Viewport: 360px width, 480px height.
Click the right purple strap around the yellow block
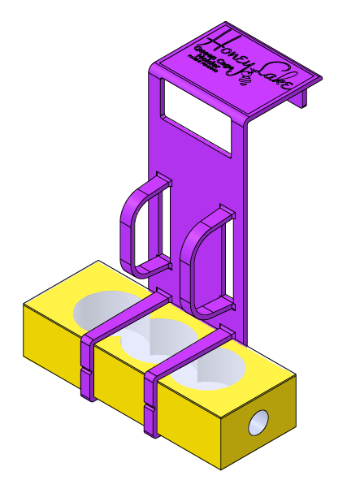click(x=151, y=398)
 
